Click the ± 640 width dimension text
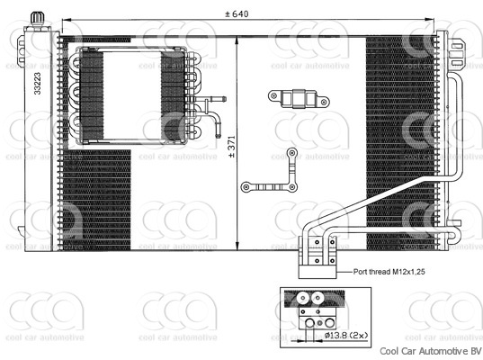click(x=237, y=13)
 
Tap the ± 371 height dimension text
click(x=232, y=147)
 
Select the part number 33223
click(x=37, y=83)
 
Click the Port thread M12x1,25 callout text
click(x=389, y=272)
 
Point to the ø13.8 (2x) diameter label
click(x=346, y=336)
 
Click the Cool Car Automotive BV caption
click(x=430, y=351)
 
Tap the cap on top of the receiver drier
click(x=37, y=18)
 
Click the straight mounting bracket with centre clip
click(x=299, y=99)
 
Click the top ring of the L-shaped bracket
click(x=291, y=153)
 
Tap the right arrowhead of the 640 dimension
click(x=430, y=20)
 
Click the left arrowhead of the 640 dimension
click(x=67, y=20)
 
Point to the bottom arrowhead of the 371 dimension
click(x=237, y=246)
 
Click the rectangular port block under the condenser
click(x=318, y=272)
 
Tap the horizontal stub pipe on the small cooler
click(x=212, y=99)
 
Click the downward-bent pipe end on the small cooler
click(x=218, y=130)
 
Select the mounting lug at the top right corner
click(x=458, y=54)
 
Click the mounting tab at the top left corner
click(x=21, y=49)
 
